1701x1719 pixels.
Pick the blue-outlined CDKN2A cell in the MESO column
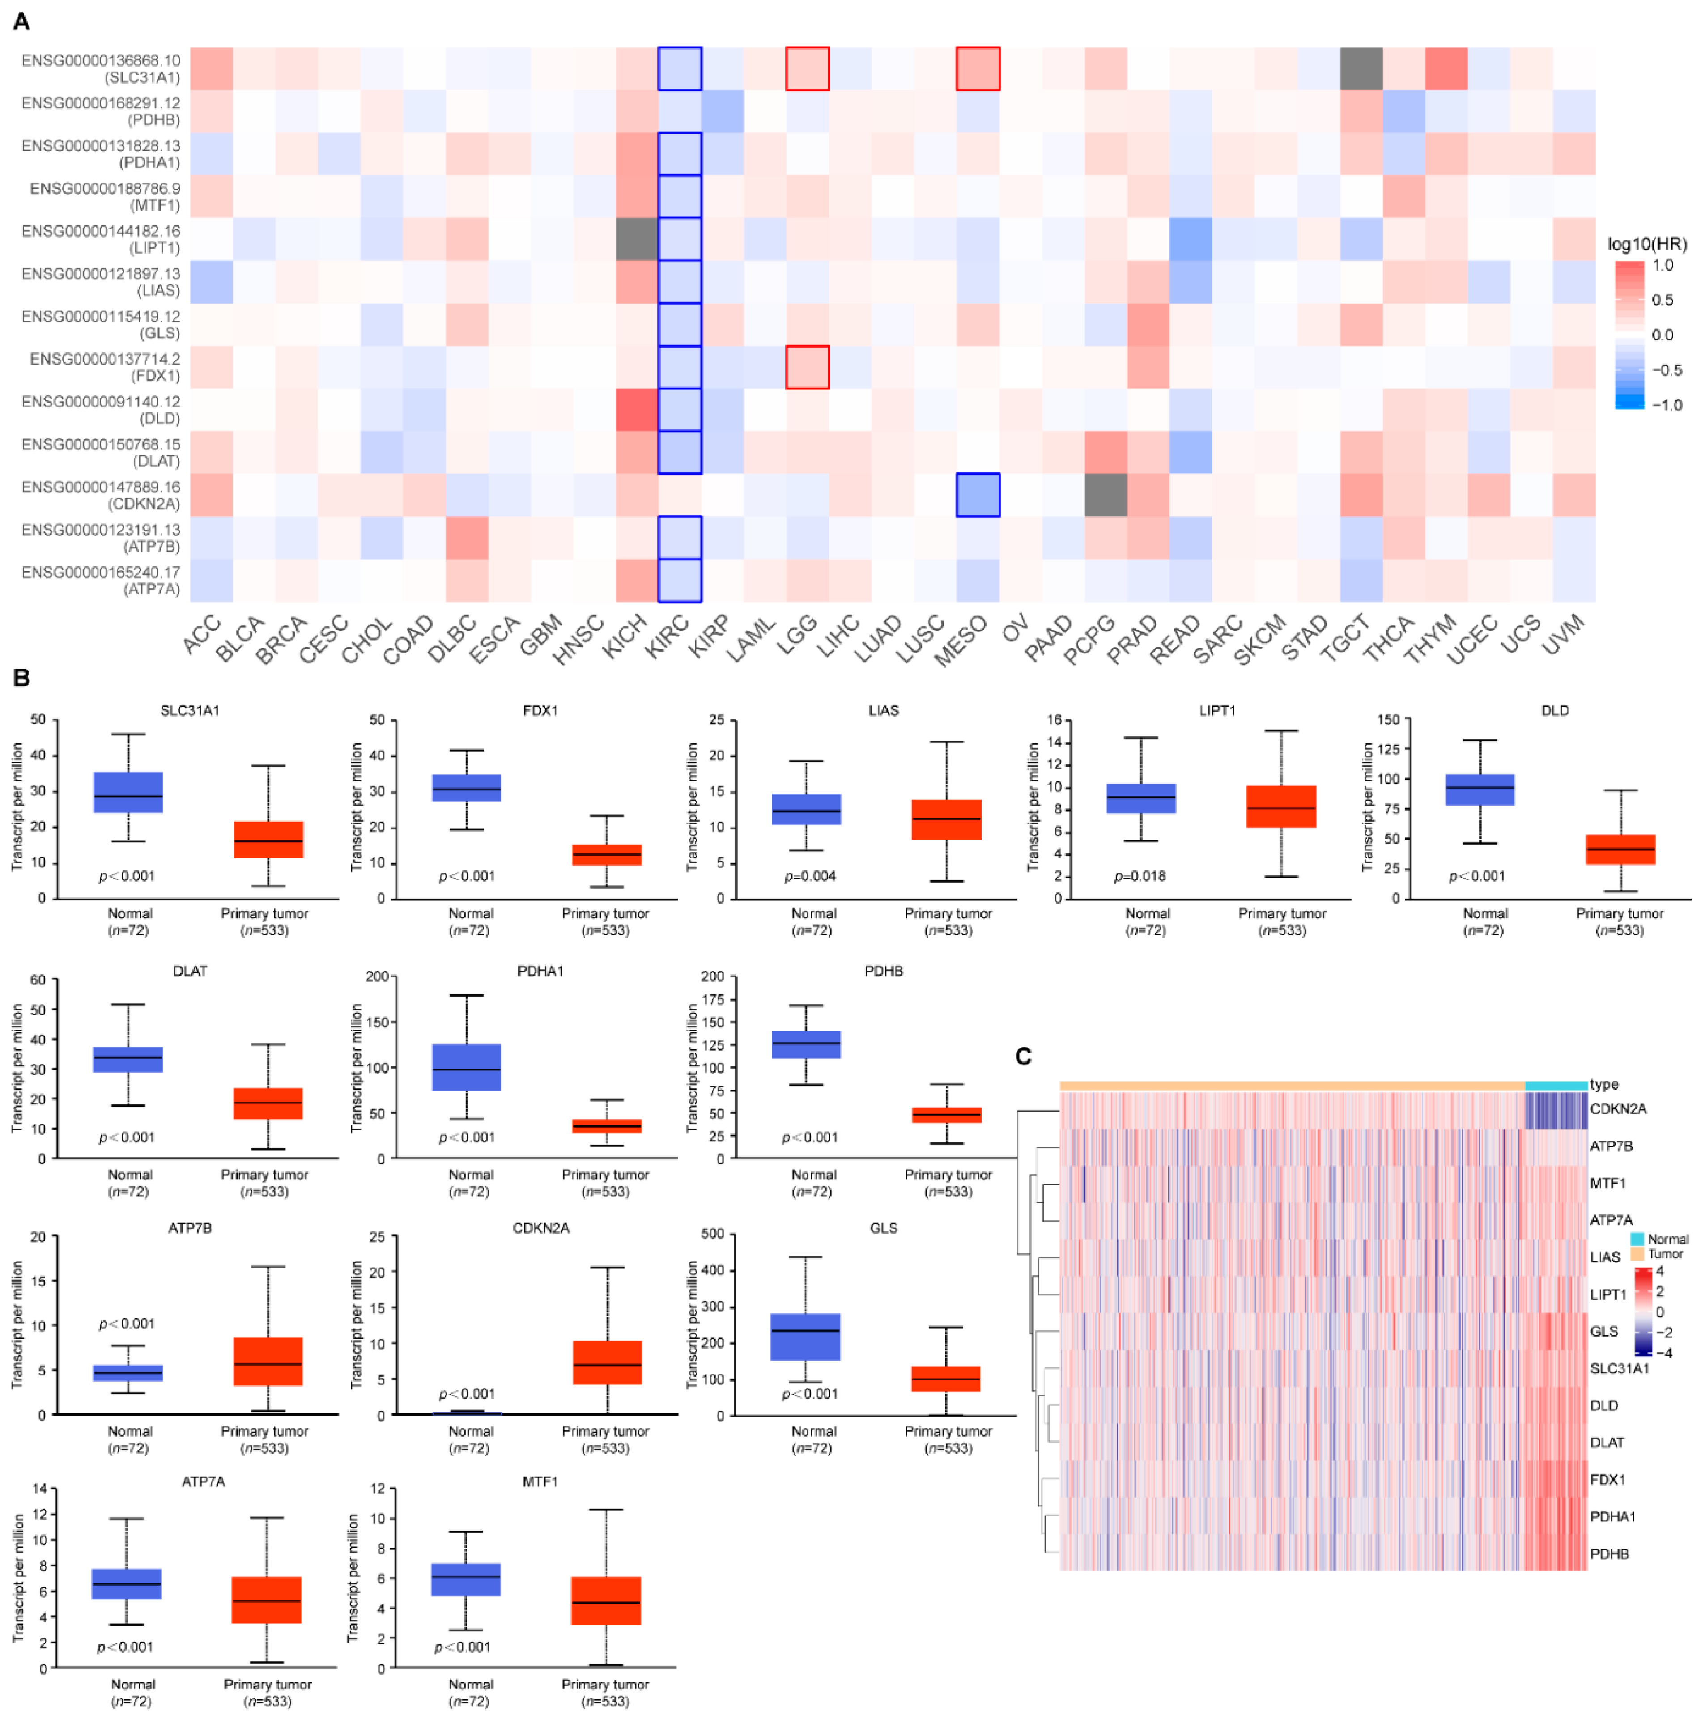(978, 495)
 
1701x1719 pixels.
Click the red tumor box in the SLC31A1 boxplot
(268, 839)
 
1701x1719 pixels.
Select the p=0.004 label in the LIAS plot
(809, 876)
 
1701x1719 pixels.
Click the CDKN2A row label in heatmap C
(1617, 1108)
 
